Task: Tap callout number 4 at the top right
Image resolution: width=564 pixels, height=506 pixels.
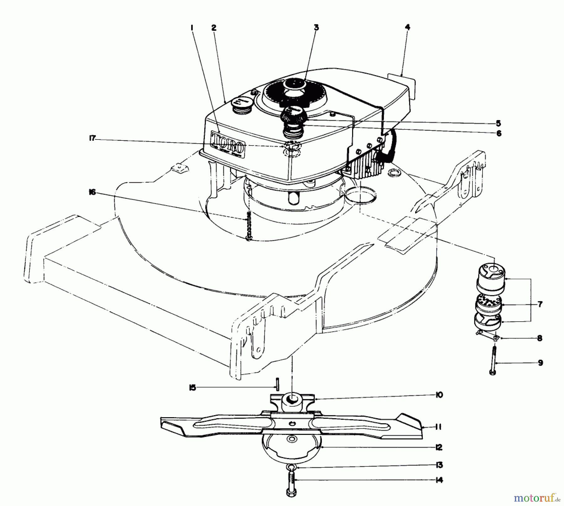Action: click(x=407, y=27)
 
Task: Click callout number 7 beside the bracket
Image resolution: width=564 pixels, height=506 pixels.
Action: click(x=540, y=304)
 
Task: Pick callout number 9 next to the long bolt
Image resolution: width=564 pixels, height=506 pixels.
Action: click(x=540, y=363)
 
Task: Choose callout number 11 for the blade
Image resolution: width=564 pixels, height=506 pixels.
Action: click(x=439, y=427)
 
